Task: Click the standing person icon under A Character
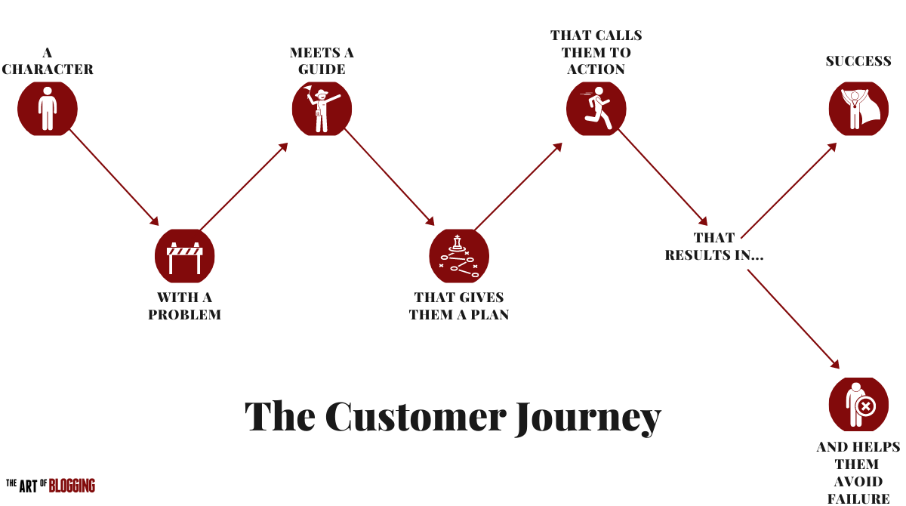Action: tap(48, 109)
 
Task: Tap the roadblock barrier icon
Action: tap(185, 256)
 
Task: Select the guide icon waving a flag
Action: tap(322, 109)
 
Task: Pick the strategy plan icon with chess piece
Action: tap(459, 256)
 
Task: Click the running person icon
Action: tap(596, 109)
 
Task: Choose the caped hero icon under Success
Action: tap(858, 109)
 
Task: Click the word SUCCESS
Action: tap(858, 61)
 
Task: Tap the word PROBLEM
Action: tap(185, 314)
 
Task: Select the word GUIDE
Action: tap(322, 69)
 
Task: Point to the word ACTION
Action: tap(596, 69)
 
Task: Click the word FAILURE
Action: tap(858, 498)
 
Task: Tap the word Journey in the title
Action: tap(588, 417)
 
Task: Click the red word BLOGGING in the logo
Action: tap(72, 486)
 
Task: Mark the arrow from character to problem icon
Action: tap(113, 177)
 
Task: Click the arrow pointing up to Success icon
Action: tap(789, 190)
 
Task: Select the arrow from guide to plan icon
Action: tap(389, 177)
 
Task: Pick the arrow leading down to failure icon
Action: tap(793, 318)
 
